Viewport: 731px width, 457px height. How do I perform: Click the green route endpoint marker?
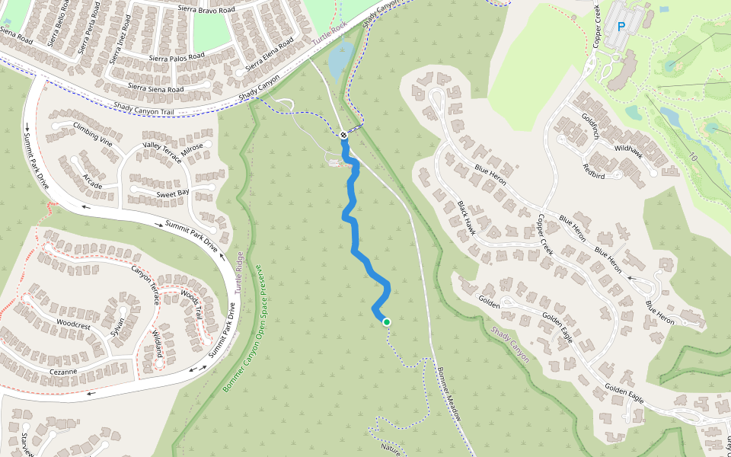coord(387,322)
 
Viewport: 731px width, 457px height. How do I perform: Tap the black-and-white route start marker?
coord(343,136)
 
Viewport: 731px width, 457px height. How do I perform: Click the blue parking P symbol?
coord(621,27)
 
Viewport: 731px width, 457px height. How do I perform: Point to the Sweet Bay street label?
coord(173,193)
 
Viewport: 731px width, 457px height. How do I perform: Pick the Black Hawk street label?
coord(466,218)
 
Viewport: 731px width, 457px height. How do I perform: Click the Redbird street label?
coord(594,171)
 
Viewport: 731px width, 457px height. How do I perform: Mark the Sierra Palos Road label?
coord(177,56)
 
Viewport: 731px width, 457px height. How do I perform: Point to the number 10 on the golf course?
coord(693,157)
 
